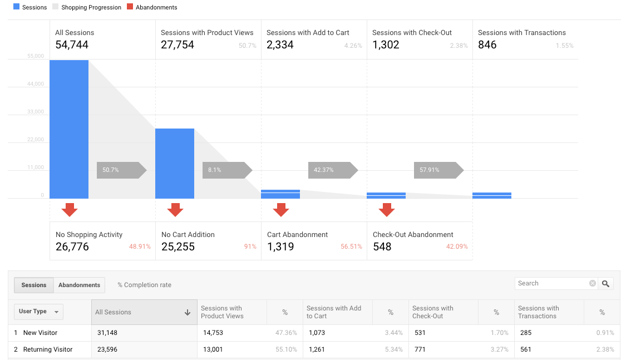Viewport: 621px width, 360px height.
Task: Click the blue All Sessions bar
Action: (69, 129)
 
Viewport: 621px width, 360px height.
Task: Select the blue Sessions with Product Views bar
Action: (175, 164)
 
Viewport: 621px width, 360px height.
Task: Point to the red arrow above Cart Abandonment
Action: (281, 210)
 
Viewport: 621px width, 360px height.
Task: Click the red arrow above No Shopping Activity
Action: (70, 210)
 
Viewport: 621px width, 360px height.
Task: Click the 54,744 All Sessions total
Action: (72, 45)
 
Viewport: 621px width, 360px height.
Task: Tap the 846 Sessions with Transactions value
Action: (487, 45)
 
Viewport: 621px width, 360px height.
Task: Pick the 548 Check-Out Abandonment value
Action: (382, 246)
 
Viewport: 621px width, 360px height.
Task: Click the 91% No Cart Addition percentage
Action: (250, 246)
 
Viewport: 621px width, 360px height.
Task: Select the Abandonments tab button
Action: (79, 285)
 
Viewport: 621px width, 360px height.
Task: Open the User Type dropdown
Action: (38, 312)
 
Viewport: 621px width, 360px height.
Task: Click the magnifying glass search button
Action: (606, 283)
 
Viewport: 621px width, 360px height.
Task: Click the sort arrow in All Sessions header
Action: (188, 313)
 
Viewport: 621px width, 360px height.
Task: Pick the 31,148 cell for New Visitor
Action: (106, 333)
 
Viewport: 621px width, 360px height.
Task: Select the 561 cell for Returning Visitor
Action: (526, 349)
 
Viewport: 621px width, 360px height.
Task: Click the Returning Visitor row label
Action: (48, 349)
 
